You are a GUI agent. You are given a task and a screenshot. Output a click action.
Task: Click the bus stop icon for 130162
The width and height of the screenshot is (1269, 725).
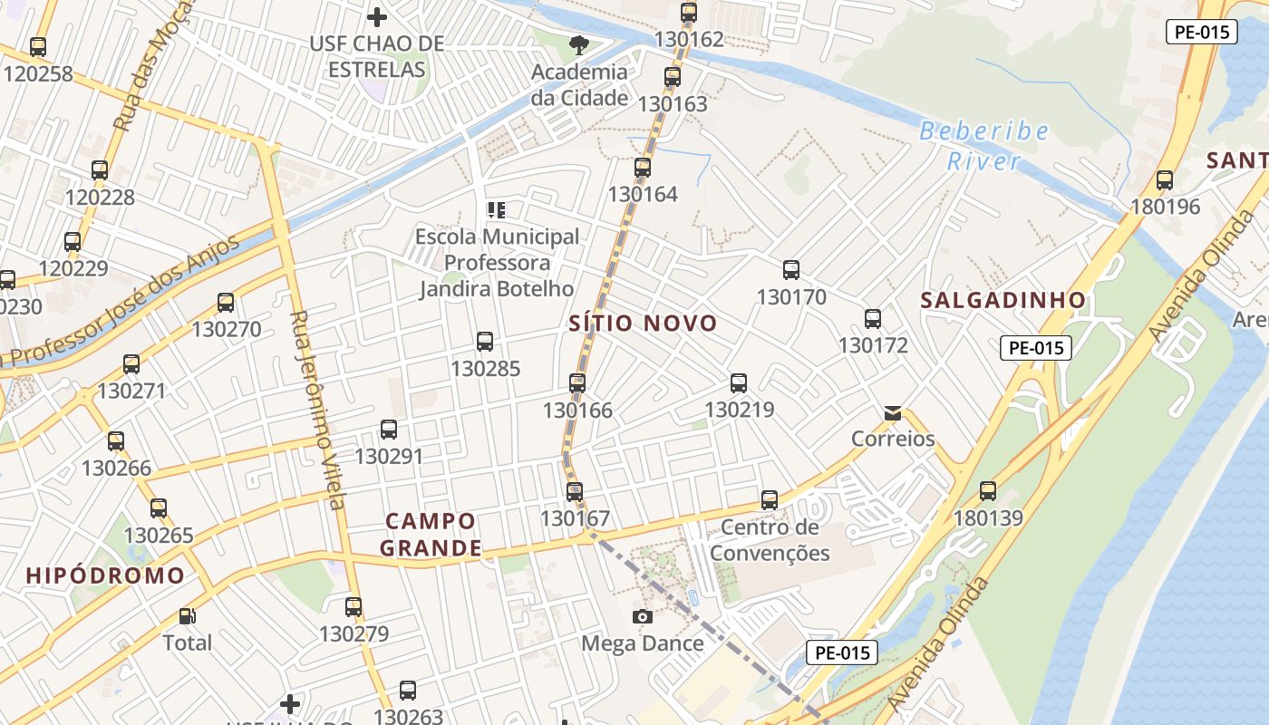(689, 13)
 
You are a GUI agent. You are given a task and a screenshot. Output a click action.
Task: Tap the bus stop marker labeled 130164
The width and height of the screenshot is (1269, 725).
(643, 168)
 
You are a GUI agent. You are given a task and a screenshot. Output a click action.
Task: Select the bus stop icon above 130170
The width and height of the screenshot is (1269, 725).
(791, 269)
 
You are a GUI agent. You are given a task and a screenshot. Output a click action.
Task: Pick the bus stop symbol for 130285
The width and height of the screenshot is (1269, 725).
(485, 342)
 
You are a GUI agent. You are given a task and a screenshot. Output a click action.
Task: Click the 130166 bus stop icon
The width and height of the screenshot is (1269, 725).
(577, 382)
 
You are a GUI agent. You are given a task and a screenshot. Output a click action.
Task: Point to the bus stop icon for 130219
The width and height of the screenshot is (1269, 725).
(739, 382)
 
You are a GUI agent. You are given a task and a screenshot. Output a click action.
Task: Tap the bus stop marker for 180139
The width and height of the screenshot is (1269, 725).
(988, 491)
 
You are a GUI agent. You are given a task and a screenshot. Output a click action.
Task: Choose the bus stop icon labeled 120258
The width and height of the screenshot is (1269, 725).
(38, 47)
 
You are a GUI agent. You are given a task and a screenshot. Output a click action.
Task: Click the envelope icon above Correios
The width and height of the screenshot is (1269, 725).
(893, 413)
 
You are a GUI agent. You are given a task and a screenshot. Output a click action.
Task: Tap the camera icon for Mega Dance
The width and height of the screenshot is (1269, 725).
(643, 617)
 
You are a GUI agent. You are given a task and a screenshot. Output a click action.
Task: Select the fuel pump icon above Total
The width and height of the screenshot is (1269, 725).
(187, 616)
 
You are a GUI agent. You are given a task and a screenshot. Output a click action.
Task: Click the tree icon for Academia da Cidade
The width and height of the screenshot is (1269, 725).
(578, 44)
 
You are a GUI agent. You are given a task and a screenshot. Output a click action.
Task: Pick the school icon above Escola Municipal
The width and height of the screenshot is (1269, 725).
(496, 210)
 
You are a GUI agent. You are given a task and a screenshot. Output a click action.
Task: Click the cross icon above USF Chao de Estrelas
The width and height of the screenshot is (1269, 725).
(377, 16)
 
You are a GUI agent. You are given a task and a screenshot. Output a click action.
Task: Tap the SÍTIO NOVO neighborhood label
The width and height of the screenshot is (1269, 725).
(643, 324)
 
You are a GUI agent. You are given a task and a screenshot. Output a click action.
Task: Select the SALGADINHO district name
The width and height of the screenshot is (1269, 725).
(1003, 300)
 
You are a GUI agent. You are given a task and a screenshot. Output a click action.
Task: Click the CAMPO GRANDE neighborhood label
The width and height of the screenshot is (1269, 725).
(431, 535)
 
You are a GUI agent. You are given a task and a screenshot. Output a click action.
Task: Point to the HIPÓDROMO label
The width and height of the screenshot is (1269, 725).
(105, 575)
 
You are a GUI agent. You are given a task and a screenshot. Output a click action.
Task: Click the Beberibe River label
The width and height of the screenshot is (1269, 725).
(983, 146)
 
